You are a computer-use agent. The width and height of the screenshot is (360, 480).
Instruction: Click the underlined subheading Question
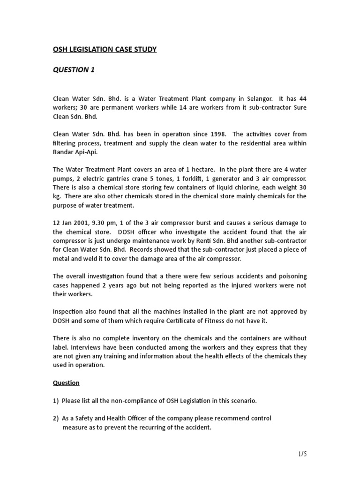[66, 382]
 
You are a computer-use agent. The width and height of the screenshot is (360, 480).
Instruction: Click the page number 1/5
[300, 454]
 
